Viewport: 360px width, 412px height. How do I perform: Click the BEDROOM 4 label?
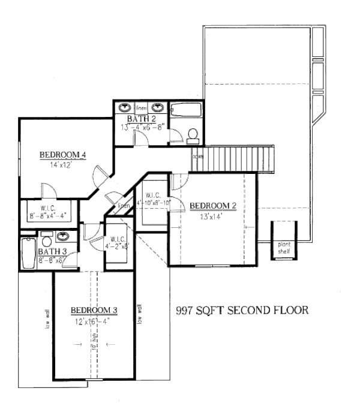[63, 155]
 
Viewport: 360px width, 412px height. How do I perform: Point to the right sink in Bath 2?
[158, 108]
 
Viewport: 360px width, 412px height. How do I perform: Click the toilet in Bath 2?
[193, 136]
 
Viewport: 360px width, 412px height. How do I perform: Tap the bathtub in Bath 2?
[187, 110]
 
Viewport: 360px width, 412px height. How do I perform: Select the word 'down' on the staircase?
[196, 157]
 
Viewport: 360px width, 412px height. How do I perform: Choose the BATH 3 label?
[50, 251]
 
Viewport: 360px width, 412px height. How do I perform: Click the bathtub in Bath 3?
[27, 254]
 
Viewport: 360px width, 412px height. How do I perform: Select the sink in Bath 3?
[62, 236]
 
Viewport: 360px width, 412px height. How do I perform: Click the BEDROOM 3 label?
[94, 309]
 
